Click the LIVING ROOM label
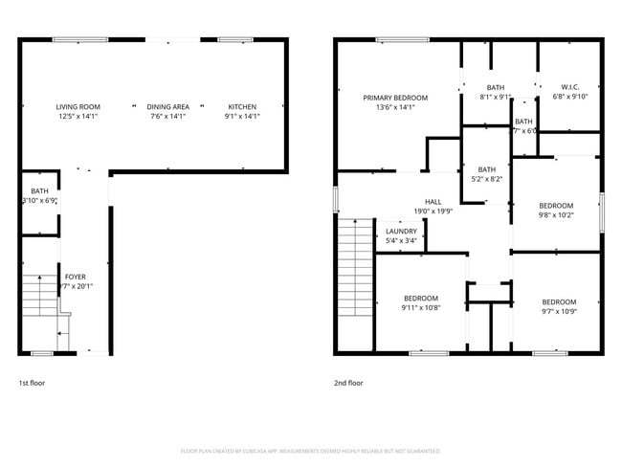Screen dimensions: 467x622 tap(77, 106)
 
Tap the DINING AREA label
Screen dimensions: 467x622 tap(167, 106)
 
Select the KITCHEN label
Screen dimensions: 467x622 tap(242, 106)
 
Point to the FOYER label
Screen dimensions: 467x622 tap(75, 277)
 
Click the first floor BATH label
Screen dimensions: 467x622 tap(39, 191)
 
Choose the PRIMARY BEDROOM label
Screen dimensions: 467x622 tap(394, 98)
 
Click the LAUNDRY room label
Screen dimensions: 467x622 tap(401, 232)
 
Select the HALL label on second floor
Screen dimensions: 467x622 tap(433, 202)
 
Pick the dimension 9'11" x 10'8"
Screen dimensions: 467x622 tap(420, 308)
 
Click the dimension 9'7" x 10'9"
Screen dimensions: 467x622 tap(560, 311)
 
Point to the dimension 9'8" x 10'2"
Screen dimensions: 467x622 tap(555, 215)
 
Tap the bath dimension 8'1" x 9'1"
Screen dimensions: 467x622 tap(496, 97)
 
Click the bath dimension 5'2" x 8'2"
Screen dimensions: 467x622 tap(487, 179)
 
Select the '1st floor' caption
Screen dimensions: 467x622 tap(32, 383)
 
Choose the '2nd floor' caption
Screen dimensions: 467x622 tap(348, 383)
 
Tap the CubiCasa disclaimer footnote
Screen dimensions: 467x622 tap(310, 450)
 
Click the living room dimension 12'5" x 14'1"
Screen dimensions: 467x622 tap(77, 117)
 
